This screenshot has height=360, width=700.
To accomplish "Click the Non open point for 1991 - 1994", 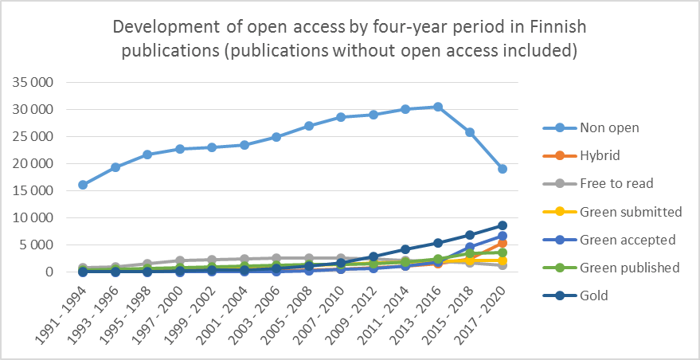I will pyautogui.click(x=83, y=185).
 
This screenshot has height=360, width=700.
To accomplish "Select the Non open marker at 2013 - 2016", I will pyautogui.click(x=438, y=107).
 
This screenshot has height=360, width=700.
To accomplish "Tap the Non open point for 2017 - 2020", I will pyautogui.click(x=503, y=169).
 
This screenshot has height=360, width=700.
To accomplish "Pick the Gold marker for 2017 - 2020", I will pyautogui.click(x=503, y=225).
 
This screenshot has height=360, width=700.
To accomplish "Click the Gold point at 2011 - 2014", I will pyautogui.click(x=405, y=249).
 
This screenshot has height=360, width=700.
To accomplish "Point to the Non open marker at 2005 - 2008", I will pyautogui.click(x=309, y=126).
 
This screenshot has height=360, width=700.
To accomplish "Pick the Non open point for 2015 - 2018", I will pyautogui.click(x=470, y=132).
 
